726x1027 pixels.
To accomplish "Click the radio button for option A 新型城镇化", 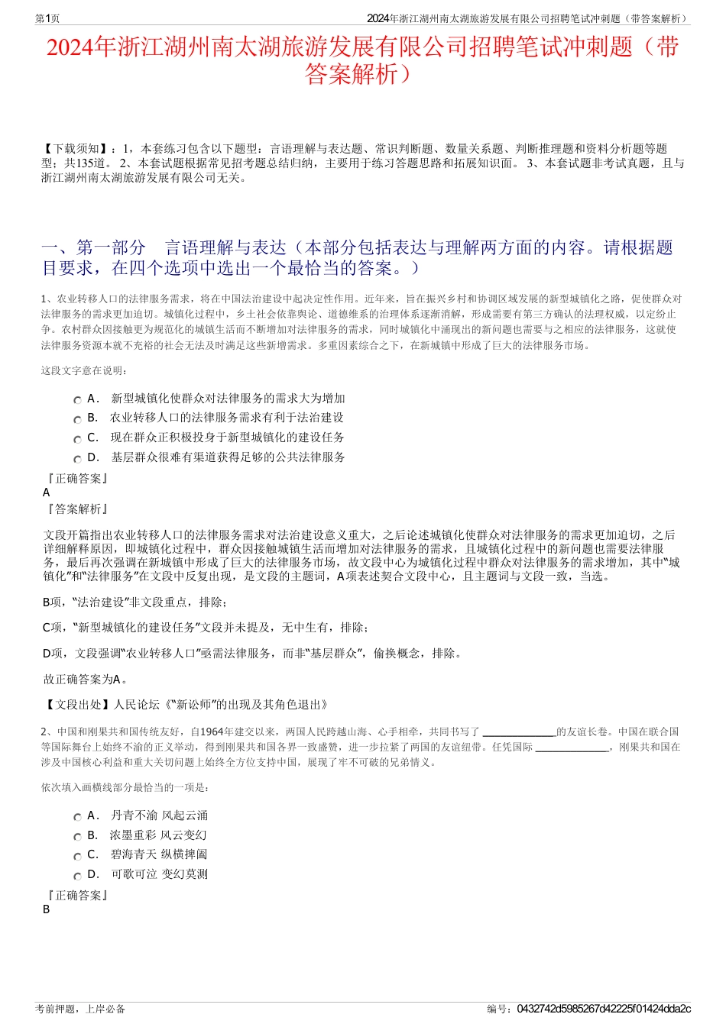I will pyautogui.click(x=77, y=400).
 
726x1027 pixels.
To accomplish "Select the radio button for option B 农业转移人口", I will pyautogui.click(x=77, y=419).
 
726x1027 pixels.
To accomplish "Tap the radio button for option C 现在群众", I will pyautogui.click(x=77, y=439).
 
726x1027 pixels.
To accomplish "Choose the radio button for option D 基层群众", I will pyautogui.click(x=77, y=459).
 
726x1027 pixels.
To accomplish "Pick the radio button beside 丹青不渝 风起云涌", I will pyautogui.click(x=77, y=817).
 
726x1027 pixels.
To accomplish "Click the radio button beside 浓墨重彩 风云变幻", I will pyautogui.click(x=77, y=837).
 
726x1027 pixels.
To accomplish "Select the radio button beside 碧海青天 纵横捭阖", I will pyautogui.click(x=77, y=856).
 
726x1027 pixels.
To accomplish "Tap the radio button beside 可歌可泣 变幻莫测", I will pyautogui.click(x=77, y=876).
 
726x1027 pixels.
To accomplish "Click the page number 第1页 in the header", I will pyautogui.click(x=47, y=19).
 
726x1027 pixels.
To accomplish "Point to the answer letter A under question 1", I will pyautogui.click(x=47, y=493).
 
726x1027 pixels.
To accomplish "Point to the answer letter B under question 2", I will pyautogui.click(x=47, y=909).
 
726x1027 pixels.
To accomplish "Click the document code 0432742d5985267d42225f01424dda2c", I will pyautogui.click(x=604, y=1009).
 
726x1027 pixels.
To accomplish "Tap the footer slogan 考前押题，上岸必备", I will pyautogui.click(x=80, y=1009).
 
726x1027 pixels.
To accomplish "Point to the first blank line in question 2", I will pyautogui.click(x=520, y=731).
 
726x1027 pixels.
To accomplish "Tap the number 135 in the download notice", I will pyautogui.click(x=89, y=163).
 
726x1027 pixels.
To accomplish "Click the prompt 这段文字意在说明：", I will pyautogui.click(x=85, y=371).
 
